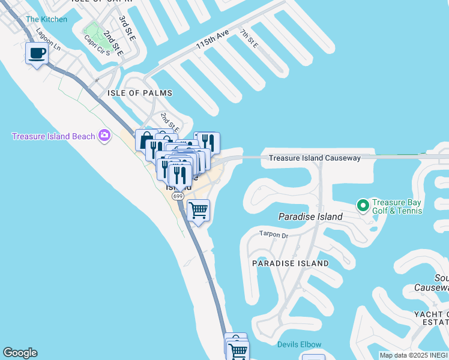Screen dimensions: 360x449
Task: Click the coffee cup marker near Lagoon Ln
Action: tap(37, 53)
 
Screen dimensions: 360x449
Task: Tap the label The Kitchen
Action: tap(46, 19)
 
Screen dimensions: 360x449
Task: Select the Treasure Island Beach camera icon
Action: tap(105, 136)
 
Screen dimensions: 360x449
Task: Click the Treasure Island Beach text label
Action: tap(53, 136)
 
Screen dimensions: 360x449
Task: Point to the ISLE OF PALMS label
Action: tap(140, 93)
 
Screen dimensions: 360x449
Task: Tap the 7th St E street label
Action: tap(249, 39)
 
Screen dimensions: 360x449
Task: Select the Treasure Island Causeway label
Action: tap(315, 158)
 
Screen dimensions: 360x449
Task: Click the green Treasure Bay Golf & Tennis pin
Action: tap(363, 206)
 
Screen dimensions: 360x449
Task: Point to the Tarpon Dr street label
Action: tap(274, 234)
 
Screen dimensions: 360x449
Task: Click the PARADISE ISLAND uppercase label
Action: tap(291, 263)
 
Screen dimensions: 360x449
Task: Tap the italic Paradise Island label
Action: tap(310, 216)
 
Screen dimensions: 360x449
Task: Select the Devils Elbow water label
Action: tap(299, 344)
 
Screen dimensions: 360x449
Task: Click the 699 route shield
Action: tap(178, 196)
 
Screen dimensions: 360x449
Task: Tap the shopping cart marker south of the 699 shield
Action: tap(198, 211)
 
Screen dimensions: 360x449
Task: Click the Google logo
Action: tap(20, 353)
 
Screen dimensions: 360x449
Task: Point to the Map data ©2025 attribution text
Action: tap(400, 355)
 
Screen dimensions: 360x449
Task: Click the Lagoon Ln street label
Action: tap(49, 38)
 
